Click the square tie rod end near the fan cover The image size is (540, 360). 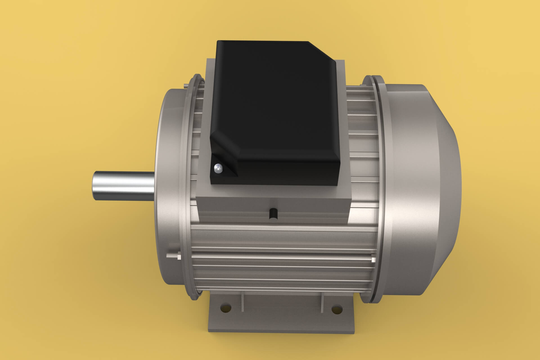pyautogui.click(x=373, y=260)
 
